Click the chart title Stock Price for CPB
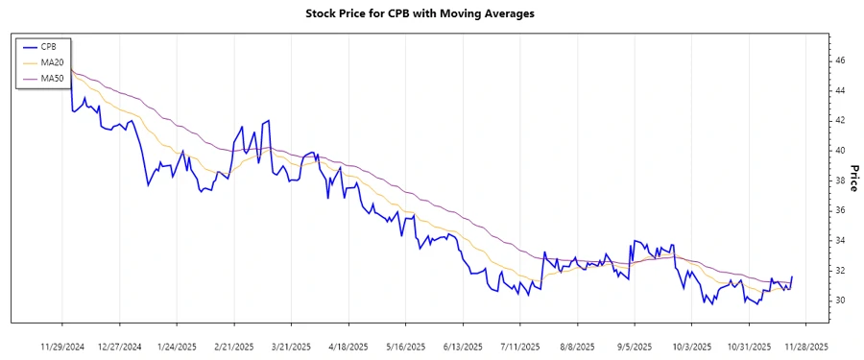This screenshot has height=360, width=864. (x=420, y=13)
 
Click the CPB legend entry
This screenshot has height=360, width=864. (x=49, y=45)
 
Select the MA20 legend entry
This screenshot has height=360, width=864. (x=52, y=61)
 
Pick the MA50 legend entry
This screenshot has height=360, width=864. (x=52, y=78)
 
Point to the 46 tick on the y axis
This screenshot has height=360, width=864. (x=839, y=60)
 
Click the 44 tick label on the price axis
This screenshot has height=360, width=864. (x=839, y=90)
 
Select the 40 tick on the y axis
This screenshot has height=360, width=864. (x=839, y=151)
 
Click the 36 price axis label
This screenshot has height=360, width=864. (x=839, y=210)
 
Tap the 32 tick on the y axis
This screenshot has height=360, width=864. (x=839, y=271)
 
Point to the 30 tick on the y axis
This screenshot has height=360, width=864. (x=839, y=300)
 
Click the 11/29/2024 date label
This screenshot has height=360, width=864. (x=62, y=346)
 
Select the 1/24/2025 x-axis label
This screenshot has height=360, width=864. (x=177, y=346)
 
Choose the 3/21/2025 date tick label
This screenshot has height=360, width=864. (x=291, y=346)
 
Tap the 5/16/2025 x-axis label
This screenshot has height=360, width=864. (x=404, y=346)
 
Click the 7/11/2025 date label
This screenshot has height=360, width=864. (x=518, y=346)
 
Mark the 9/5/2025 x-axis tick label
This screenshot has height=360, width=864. (x=633, y=346)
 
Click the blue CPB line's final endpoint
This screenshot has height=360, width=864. (x=792, y=276)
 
